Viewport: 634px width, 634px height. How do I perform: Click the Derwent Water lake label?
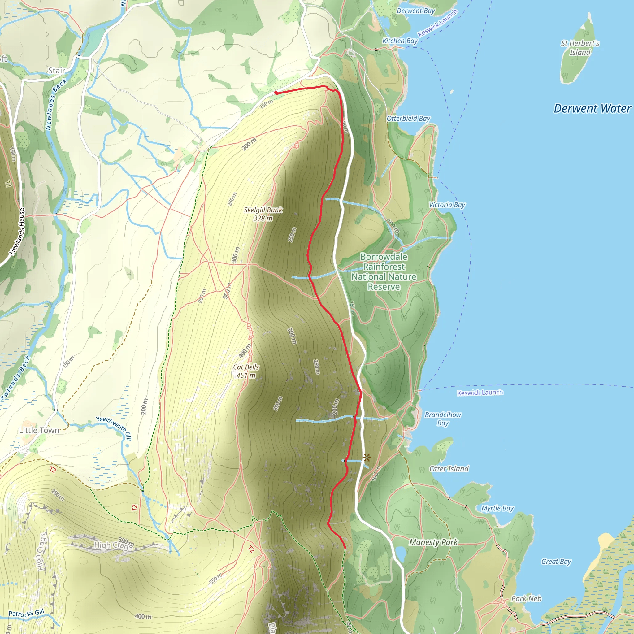[592, 109]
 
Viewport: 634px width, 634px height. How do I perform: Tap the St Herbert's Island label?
[580, 48]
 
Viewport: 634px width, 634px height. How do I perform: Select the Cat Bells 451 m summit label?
[246, 371]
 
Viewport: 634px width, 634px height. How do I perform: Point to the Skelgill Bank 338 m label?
[263, 214]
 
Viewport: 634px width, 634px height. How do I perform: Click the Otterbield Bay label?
[408, 119]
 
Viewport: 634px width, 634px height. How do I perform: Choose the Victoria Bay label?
[447, 205]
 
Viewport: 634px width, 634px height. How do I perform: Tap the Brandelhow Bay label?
[443, 419]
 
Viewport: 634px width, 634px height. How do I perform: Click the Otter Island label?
[449, 469]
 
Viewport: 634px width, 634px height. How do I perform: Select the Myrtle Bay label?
[497, 508]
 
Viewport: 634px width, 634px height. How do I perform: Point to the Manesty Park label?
[433, 542]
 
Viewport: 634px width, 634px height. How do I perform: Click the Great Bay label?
[556, 562]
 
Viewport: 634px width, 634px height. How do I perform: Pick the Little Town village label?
[39, 430]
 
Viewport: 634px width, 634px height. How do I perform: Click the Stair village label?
[57, 71]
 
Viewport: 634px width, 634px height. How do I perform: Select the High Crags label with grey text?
[113, 545]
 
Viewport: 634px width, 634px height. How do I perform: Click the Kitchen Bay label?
[400, 41]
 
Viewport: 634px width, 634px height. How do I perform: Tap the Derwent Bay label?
[416, 11]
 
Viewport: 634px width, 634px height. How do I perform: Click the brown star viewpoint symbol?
[367, 458]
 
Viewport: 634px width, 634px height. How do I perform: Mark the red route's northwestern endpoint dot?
[276, 93]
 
